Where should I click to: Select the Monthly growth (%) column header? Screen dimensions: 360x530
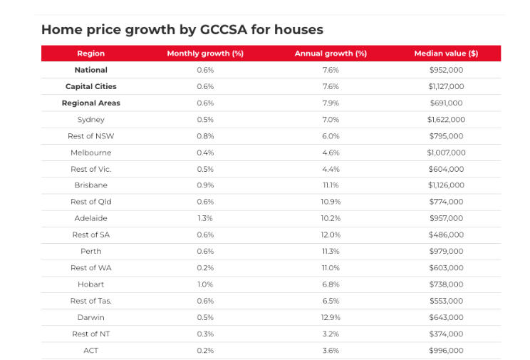tap(205, 53)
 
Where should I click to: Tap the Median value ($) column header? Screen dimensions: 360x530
tap(446, 53)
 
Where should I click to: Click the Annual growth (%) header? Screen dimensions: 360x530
tap(331, 53)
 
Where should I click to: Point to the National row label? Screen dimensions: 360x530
tap(91, 70)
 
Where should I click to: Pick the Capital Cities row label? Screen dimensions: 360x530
tap(91, 86)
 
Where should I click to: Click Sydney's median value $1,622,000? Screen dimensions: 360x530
tap(446, 119)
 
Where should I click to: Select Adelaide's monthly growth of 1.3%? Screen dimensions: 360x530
tap(205, 218)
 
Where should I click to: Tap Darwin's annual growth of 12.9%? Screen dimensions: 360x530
tap(331, 317)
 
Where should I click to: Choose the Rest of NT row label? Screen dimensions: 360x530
tap(91, 334)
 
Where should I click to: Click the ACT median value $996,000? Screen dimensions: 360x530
tap(446, 350)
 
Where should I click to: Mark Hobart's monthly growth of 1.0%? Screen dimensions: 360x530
tap(205, 284)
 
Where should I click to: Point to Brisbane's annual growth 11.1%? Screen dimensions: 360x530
tap(331, 185)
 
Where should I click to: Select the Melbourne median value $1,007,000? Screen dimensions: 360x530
tap(446, 153)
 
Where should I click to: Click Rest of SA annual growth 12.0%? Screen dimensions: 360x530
tap(331, 235)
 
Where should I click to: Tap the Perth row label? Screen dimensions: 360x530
tap(91, 251)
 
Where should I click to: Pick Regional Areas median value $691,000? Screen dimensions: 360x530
tap(446, 103)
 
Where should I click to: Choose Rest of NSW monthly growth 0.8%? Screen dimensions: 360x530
tap(205, 136)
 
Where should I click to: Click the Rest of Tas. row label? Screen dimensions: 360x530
tap(91, 301)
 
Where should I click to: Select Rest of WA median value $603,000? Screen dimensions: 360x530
tap(446, 268)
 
